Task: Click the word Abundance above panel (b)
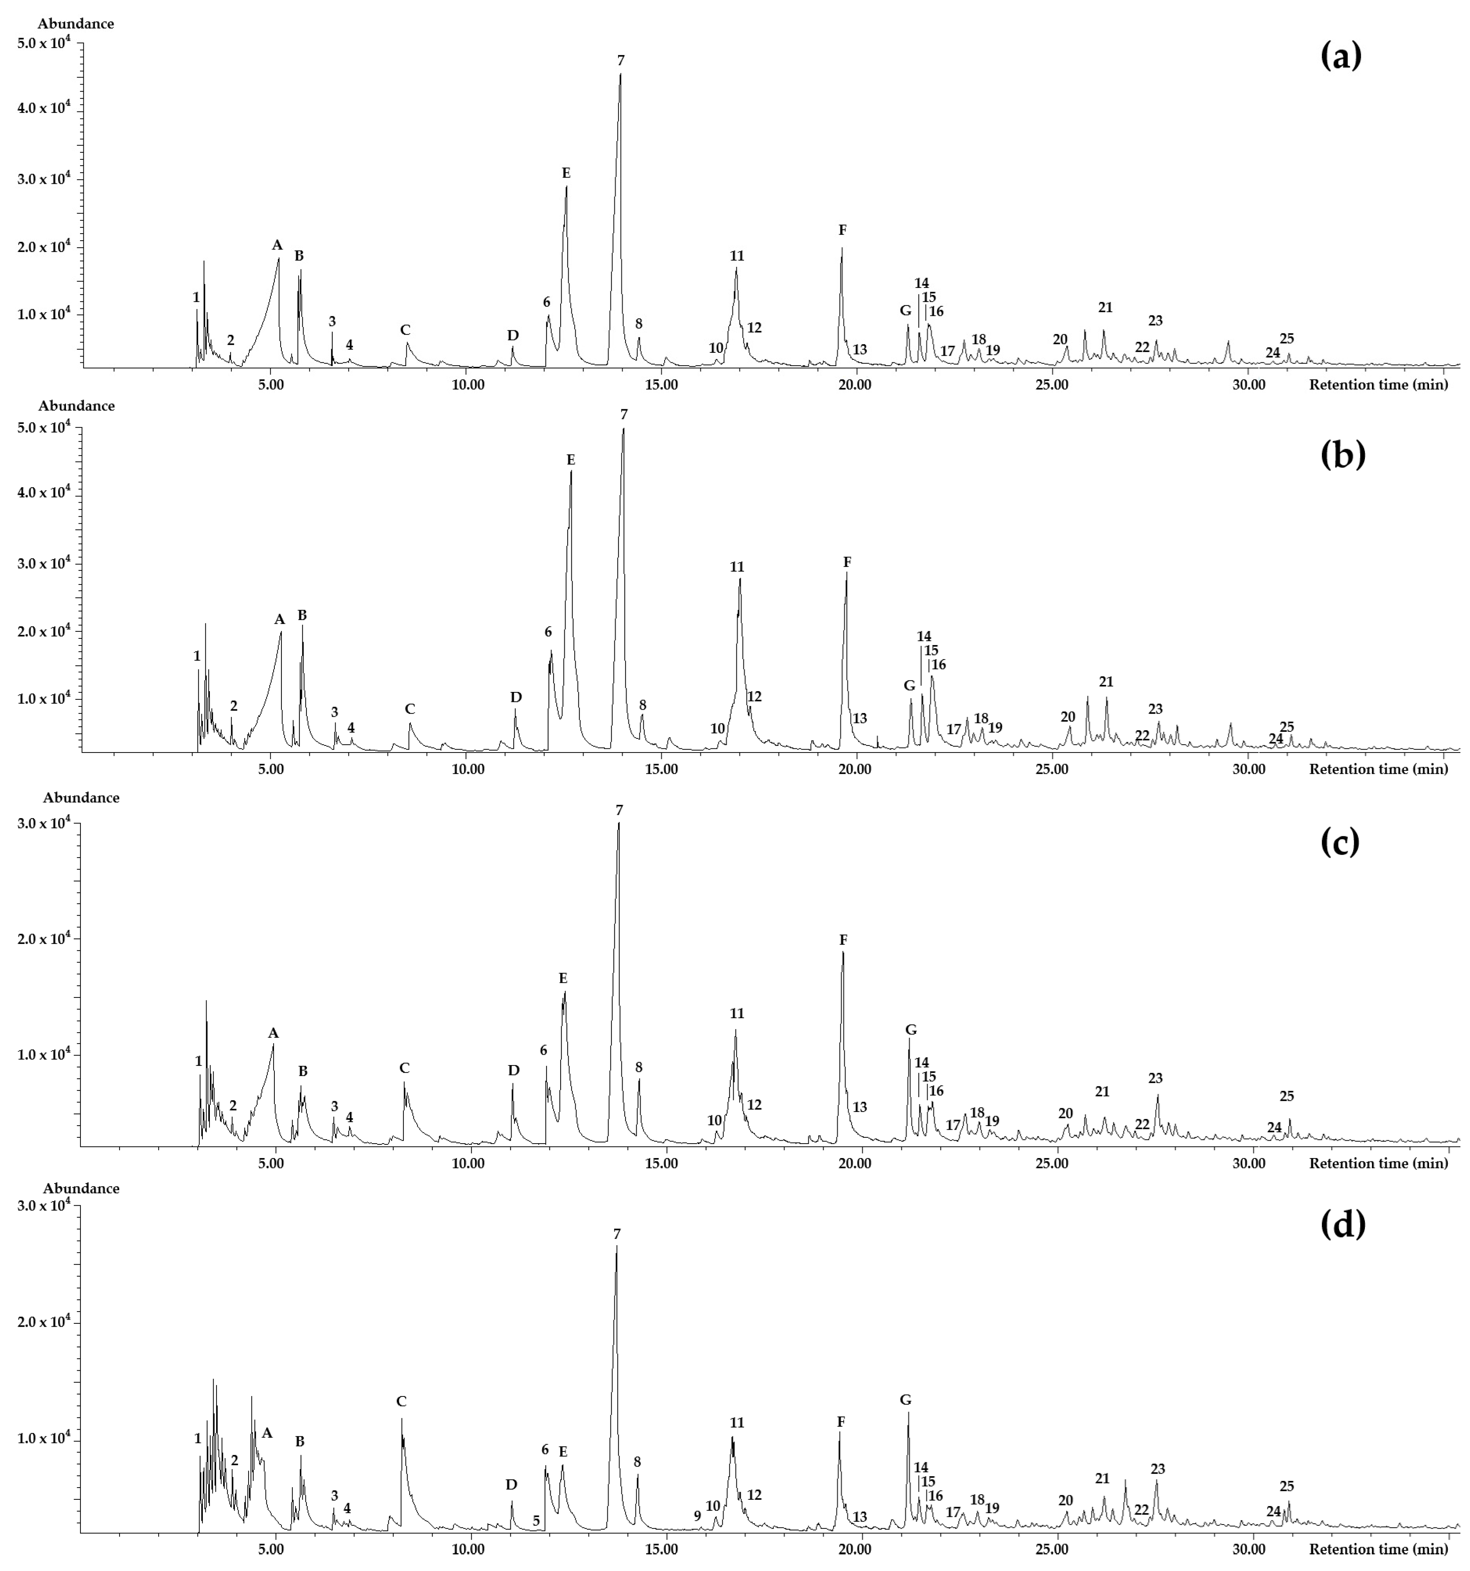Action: [77, 406]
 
